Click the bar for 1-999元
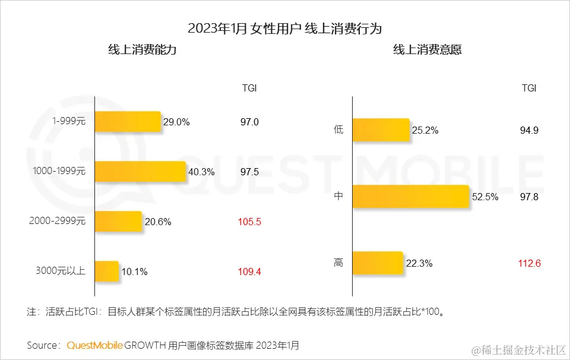coord(128,122)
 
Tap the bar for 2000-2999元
coord(119,222)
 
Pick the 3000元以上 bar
coord(107,271)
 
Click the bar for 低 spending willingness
coord(381,130)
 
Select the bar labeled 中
coord(411,197)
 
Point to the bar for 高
coord(378,263)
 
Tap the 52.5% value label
coord(486,197)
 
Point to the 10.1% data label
coord(134,272)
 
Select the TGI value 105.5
coord(250,222)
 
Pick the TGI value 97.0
coord(250,122)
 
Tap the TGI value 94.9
coord(529,131)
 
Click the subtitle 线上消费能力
coord(142,50)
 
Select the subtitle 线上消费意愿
coord(427,50)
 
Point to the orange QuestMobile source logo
coord(95,345)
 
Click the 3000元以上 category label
coord(61,271)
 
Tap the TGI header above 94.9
coord(529,88)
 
